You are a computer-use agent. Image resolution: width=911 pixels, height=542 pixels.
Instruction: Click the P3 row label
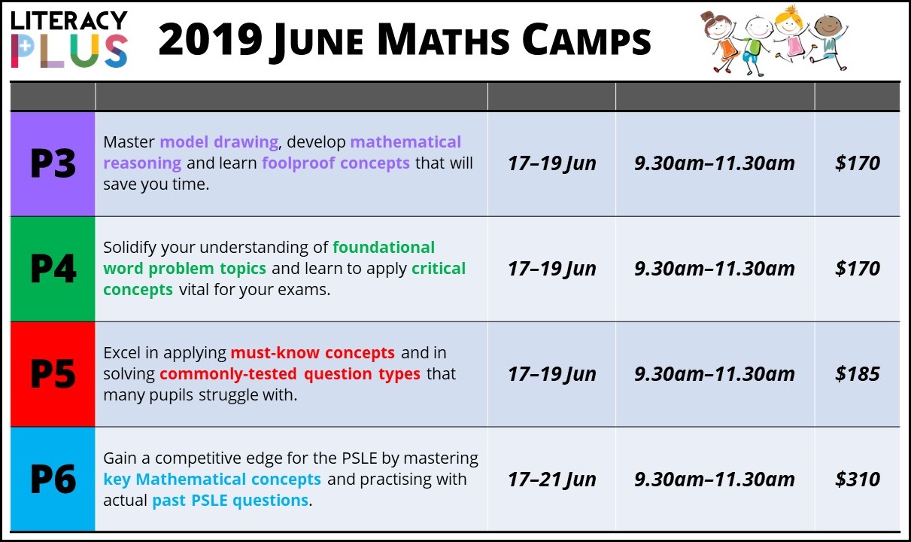53,163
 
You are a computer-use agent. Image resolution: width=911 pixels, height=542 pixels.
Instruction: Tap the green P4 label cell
53,269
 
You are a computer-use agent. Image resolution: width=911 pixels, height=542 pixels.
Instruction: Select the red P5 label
53,374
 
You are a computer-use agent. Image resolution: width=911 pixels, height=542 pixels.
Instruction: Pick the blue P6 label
53,479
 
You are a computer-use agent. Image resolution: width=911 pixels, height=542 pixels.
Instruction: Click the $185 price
858,374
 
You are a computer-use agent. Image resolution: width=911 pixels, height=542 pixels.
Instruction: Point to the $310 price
858,480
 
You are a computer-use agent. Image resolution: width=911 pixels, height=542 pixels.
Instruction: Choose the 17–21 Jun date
552,480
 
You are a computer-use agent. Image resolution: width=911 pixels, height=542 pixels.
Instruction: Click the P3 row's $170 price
858,163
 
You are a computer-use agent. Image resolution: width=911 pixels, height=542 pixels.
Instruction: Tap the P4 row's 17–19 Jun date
552,269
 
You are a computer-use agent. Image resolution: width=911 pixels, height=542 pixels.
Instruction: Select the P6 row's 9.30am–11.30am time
715,480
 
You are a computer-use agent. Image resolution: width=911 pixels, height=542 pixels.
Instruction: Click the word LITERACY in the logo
69,20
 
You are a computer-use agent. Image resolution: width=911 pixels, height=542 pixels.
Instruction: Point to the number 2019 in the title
211,39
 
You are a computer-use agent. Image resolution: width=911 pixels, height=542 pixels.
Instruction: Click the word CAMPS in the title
587,39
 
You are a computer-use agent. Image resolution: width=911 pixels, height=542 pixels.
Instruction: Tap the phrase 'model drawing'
219,142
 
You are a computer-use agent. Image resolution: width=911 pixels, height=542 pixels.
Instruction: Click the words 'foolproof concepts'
336,163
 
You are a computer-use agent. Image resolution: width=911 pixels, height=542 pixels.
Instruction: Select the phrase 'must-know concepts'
312,353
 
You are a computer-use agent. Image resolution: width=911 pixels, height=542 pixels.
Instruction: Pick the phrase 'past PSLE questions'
230,501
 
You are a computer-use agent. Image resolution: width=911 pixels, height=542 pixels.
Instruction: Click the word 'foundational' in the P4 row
384,248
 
